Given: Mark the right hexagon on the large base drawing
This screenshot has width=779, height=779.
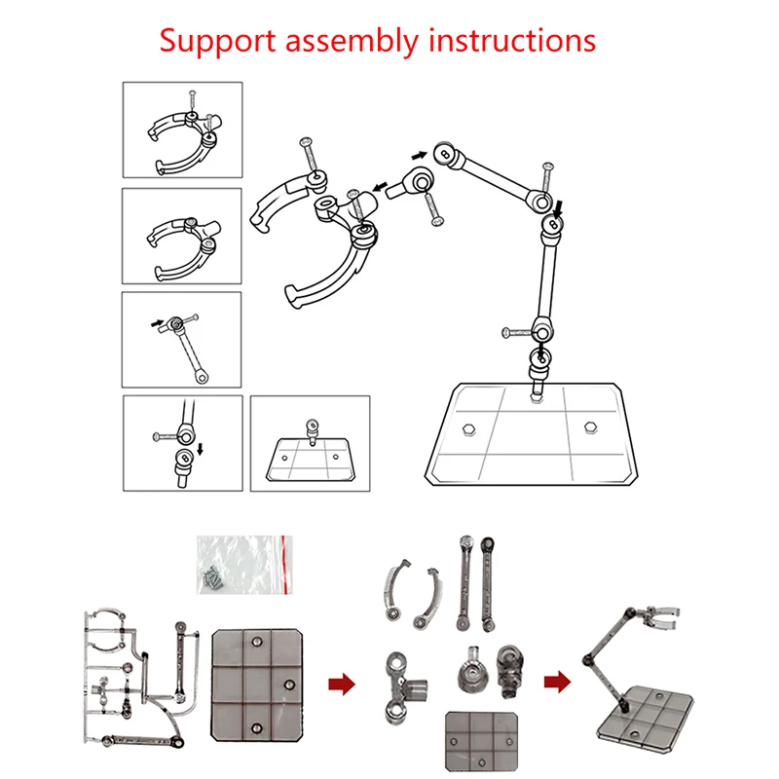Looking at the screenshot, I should [590, 426].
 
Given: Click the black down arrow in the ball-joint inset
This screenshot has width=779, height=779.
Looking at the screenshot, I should [200, 450].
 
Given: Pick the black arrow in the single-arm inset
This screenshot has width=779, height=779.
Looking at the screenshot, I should [155, 318].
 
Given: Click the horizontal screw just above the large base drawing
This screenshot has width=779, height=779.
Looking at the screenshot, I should [516, 332].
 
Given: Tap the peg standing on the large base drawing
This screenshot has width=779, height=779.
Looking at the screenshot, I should [536, 389].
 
